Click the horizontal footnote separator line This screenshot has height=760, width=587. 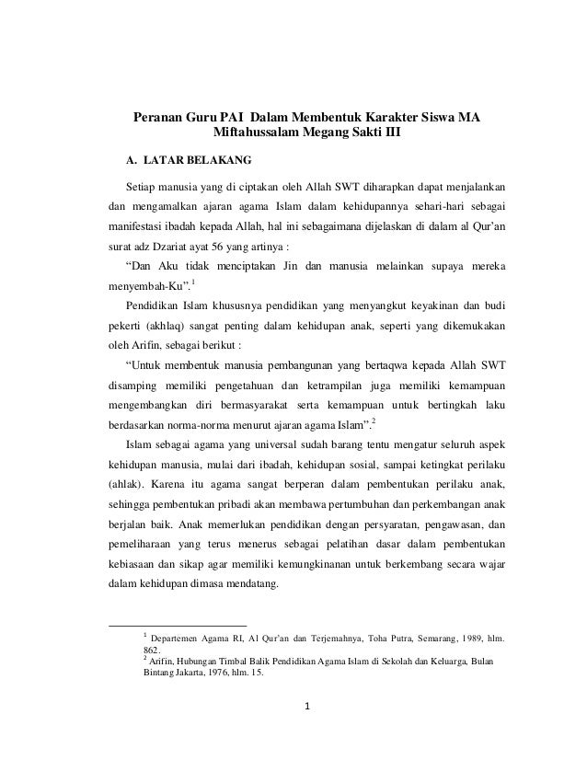176,627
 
